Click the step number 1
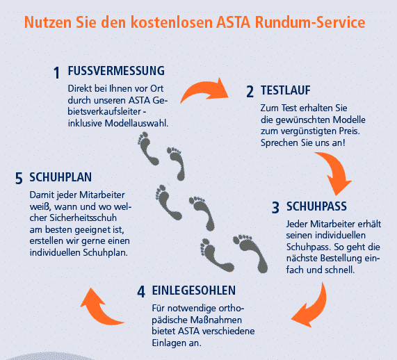(57, 73)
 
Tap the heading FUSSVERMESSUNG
(116, 71)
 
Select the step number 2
(250, 92)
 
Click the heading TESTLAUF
(286, 90)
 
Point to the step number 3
(275, 208)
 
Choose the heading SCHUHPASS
(316, 206)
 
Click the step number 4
(141, 291)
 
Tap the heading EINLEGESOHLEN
(194, 291)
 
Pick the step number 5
(19, 178)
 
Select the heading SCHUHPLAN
(60, 177)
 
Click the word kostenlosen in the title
(172, 22)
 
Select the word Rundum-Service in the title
(310, 22)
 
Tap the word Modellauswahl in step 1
(136, 123)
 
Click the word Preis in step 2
(350, 131)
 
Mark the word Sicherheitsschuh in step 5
(83, 218)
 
